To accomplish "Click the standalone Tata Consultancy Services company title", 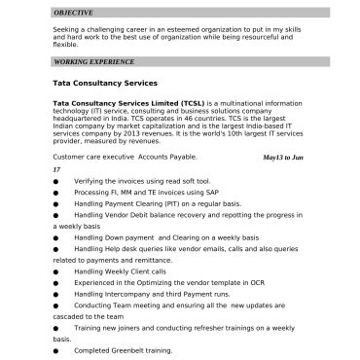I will [104, 85].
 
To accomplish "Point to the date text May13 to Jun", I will [283, 157].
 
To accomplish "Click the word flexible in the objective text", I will [65, 44].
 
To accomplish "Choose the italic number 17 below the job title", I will [56, 169].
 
